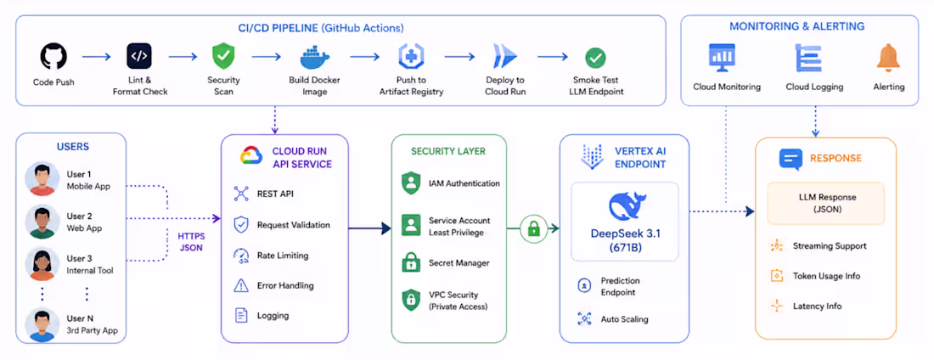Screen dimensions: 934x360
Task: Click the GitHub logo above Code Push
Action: point(53,57)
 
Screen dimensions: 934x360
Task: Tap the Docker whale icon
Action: point(315,58)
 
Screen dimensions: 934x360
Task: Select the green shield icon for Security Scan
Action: point(223,57)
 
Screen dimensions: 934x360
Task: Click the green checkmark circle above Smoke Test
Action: point(595,58)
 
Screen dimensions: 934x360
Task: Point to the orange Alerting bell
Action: point(889,58)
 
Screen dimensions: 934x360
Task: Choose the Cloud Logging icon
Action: point(808,58)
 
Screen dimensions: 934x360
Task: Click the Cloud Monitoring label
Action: point(727,87)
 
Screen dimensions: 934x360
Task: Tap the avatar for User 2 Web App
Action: point(42,222)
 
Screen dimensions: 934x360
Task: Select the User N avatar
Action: point(42,325)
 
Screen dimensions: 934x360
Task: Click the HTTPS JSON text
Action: point(190,241)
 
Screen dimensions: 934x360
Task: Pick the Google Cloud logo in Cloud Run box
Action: point(251,155)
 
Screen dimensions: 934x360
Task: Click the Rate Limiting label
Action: point(283,256)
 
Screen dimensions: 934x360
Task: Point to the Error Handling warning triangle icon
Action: point(240,285)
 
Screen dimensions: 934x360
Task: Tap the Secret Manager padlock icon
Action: point(411,262)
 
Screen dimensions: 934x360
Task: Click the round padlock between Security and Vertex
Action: point(533,229)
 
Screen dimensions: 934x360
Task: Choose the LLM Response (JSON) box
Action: point(825,203)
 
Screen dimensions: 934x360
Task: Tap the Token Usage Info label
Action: point(826,276)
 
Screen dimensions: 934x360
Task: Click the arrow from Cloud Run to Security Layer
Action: point(369,228)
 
